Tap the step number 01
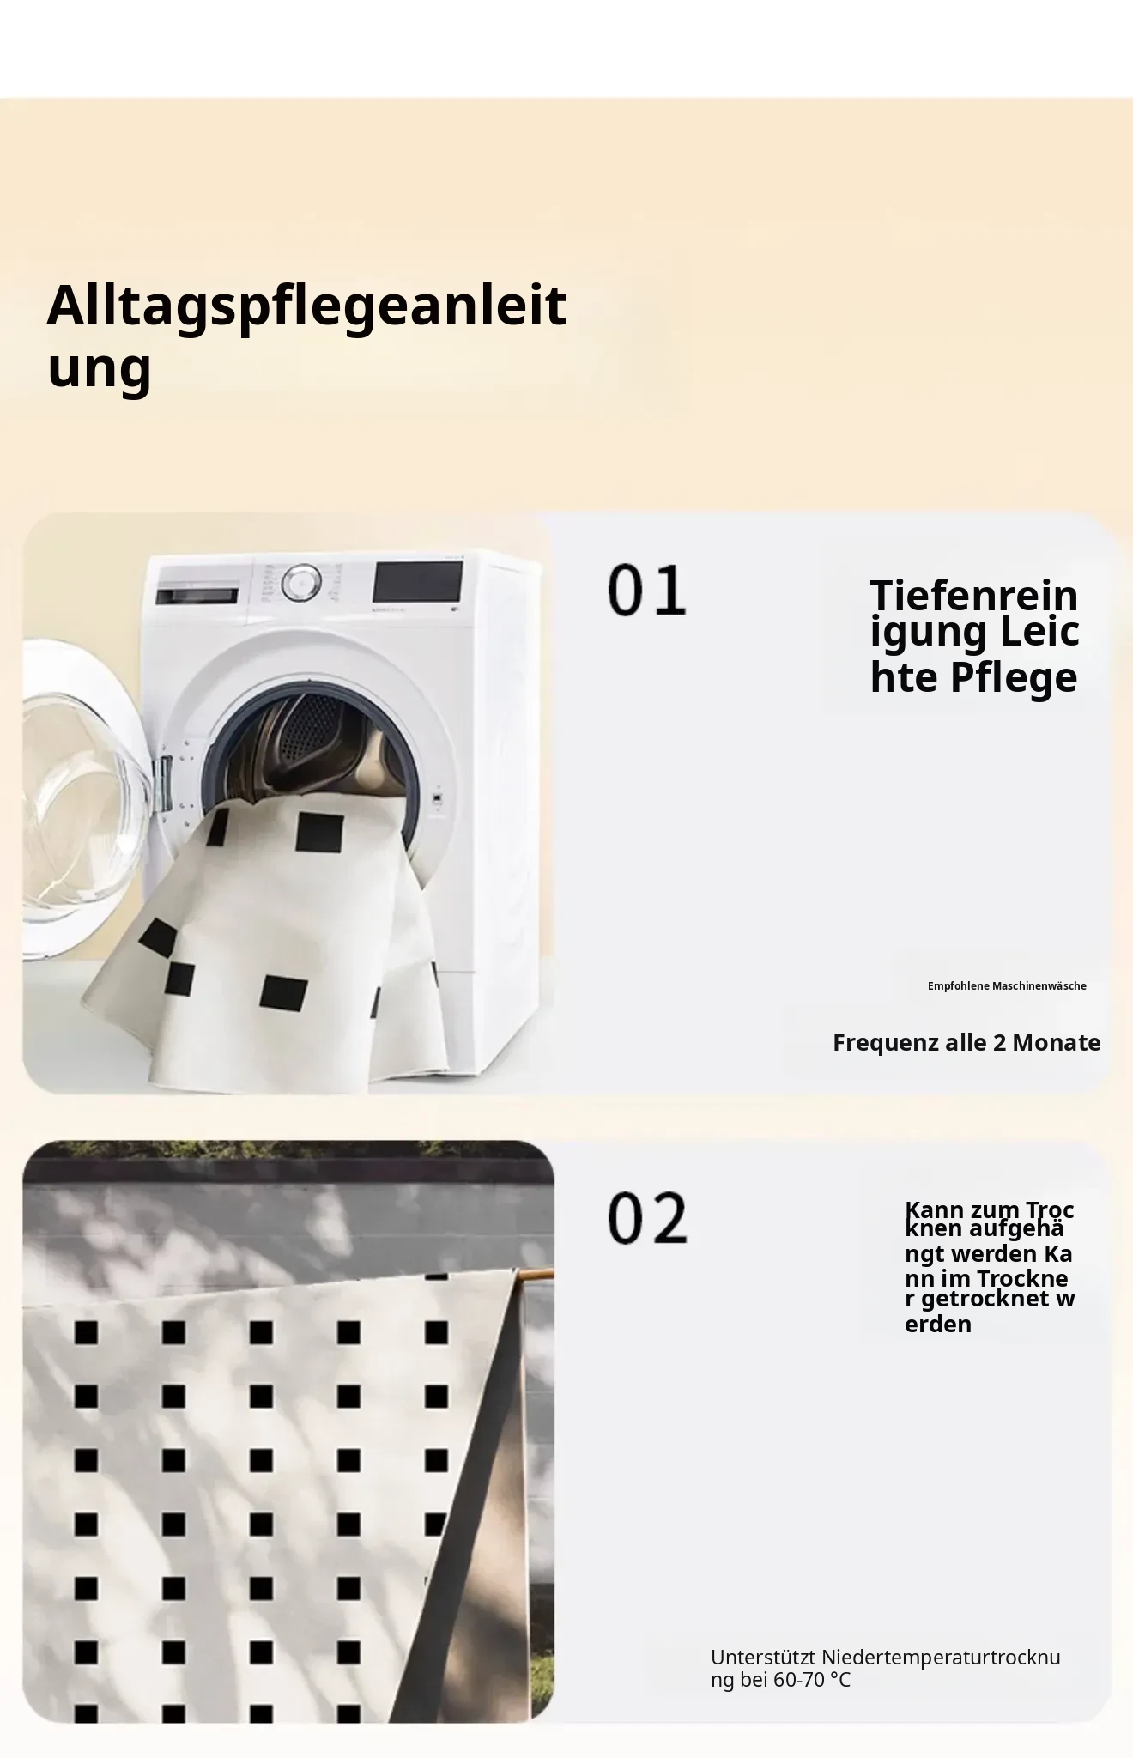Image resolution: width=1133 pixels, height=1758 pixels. coord(647,590)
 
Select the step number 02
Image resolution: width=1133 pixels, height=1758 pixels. coord(647,1218)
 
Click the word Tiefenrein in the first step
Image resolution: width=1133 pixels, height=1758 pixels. coord(974,596)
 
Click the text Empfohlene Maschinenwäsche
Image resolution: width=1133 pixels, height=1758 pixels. coord(1007,986)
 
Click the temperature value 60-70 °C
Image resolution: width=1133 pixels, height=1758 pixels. coord(812,1680)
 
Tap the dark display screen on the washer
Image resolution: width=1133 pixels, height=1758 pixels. coord(418,582)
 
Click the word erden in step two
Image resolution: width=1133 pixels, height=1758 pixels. coord(938,1325)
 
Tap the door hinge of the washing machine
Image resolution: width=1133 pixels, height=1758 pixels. coord(163,784)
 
